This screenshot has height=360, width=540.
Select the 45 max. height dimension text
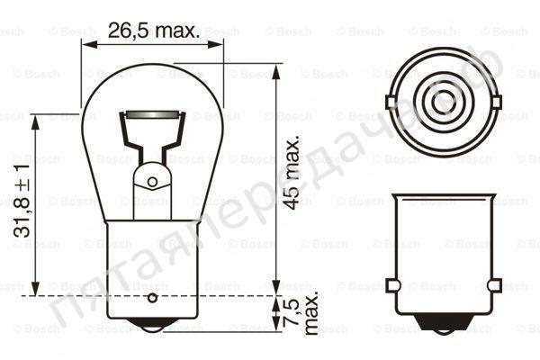pos(291,174)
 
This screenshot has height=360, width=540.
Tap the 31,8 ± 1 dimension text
pos(22,208)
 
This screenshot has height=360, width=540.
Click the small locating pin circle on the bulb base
pos(151,297)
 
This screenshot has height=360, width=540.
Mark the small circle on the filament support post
pos(151,182)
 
